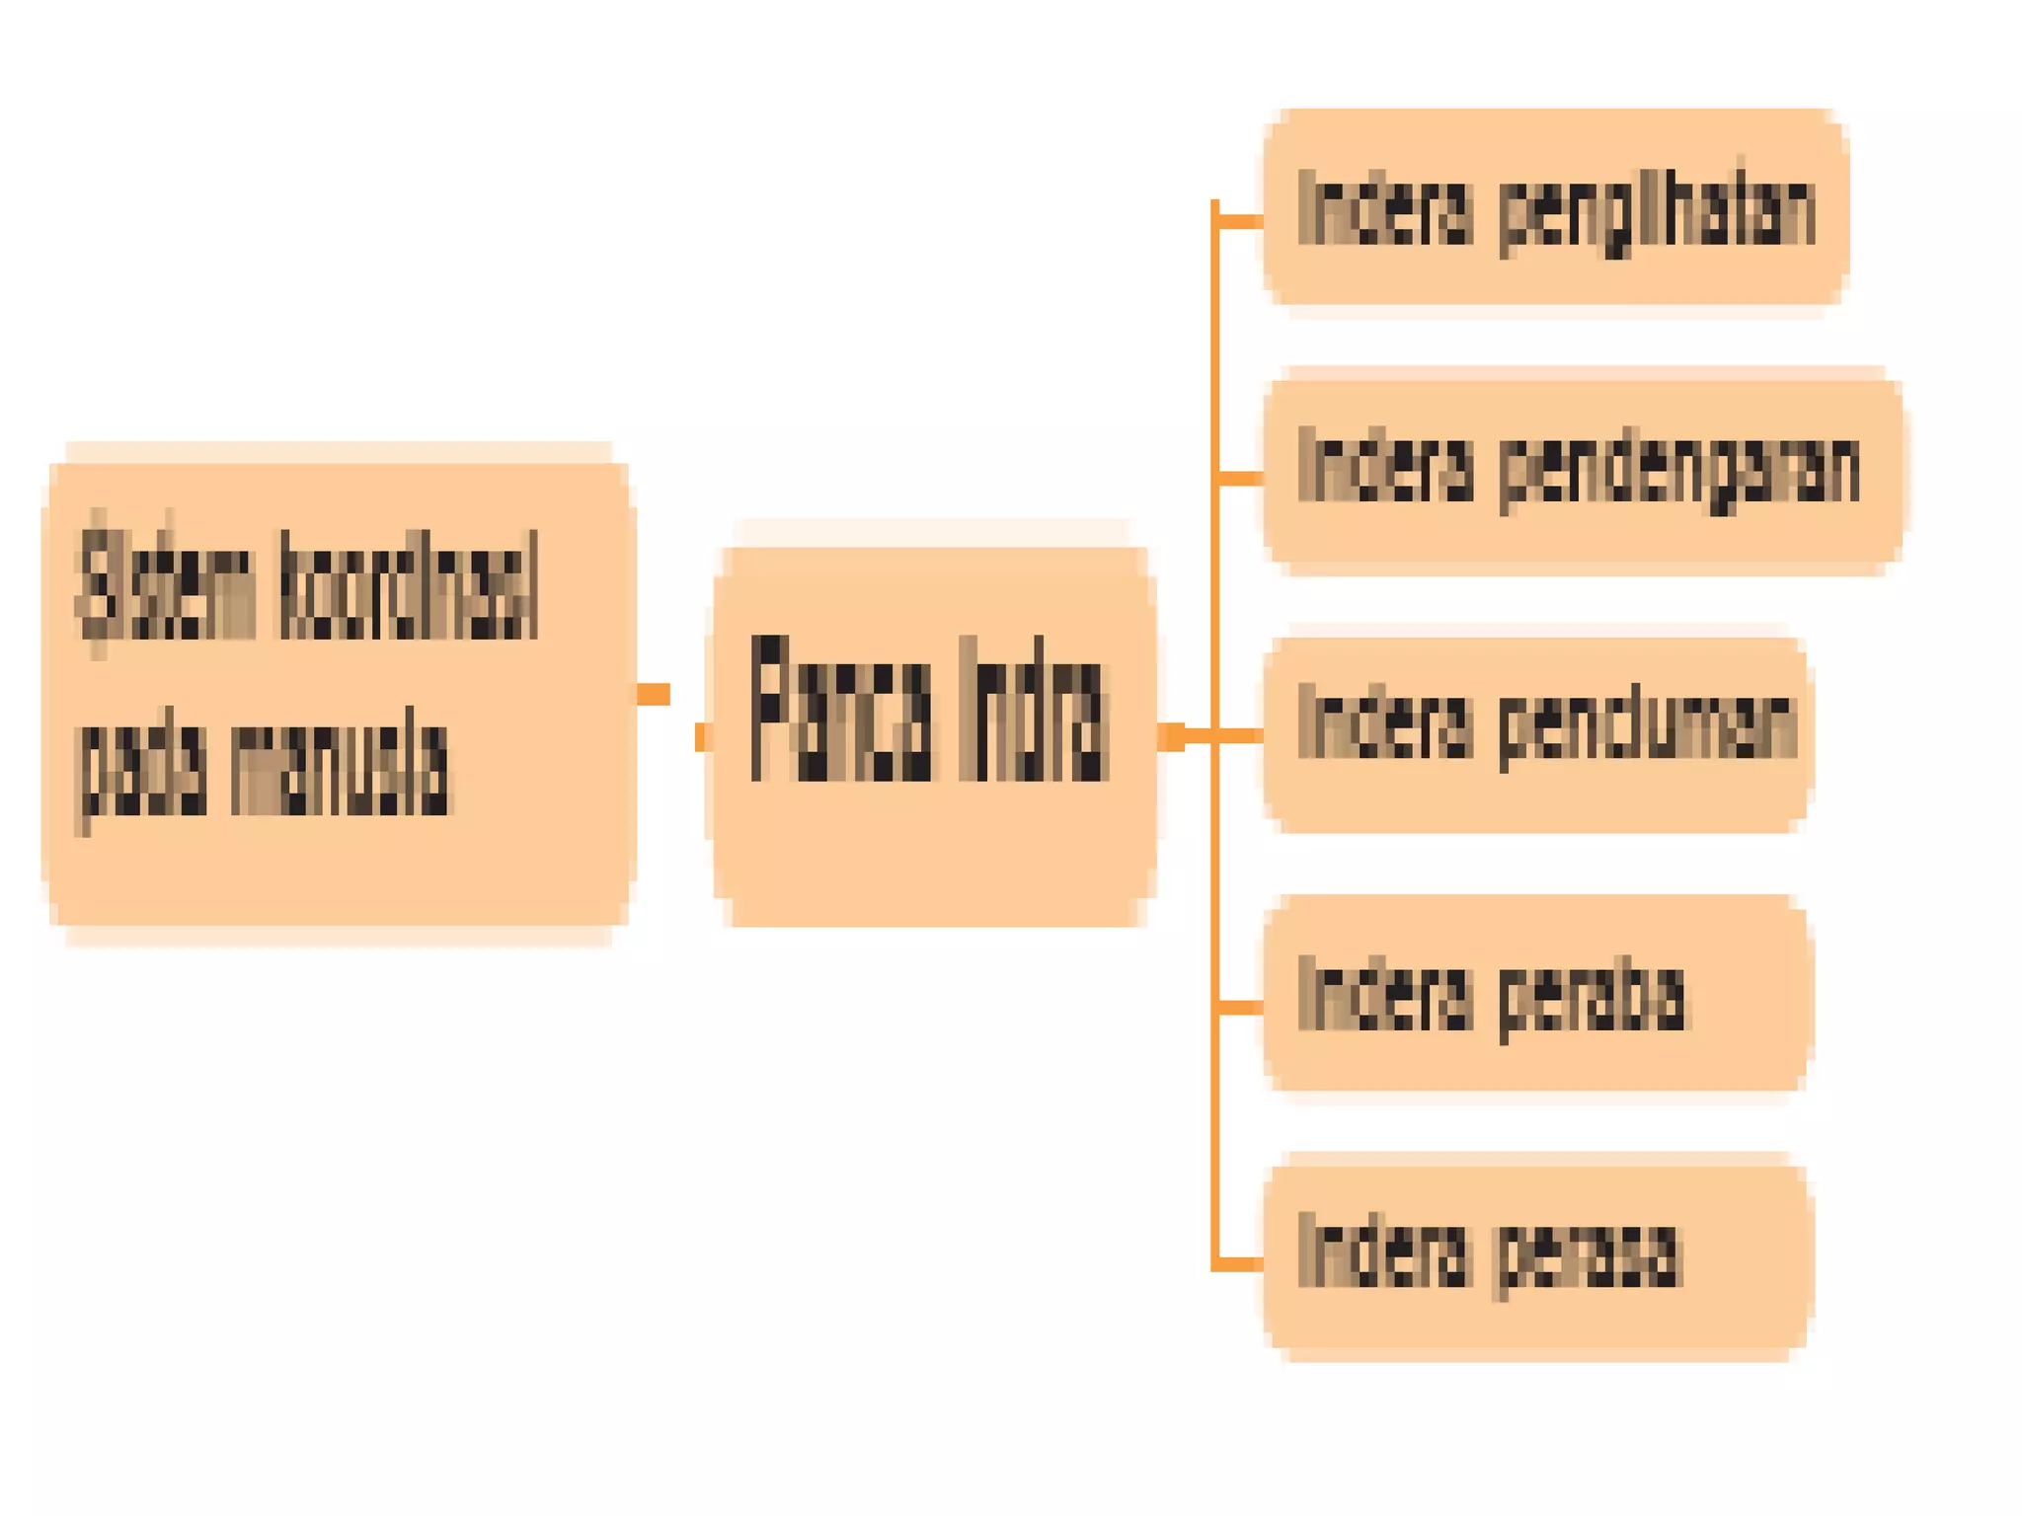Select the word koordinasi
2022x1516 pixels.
point(409,584)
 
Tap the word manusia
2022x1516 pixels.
point(340,768)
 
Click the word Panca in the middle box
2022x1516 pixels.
point(840,709)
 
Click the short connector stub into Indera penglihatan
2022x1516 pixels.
point(1240,221)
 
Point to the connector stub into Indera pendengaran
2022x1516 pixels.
point(1240,479)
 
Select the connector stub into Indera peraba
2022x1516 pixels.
point(1240,1007)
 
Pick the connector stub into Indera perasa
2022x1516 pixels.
point(1240,1264)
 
